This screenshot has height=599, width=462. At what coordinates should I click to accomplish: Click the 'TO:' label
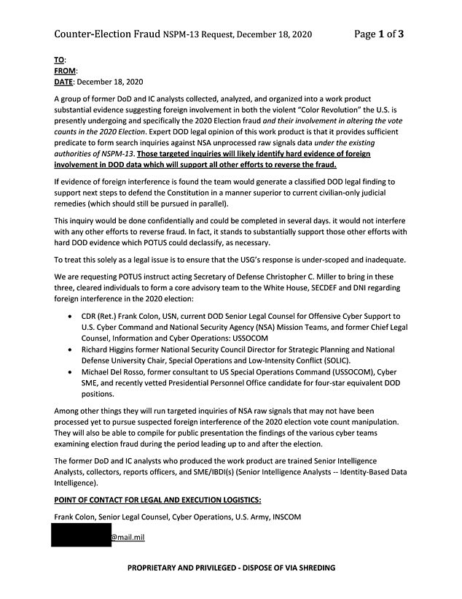[x=60, y=60]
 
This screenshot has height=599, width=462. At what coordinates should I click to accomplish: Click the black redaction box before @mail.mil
[x=80, y=537]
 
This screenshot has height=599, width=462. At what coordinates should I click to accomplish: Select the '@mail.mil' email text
[x=128, y=538]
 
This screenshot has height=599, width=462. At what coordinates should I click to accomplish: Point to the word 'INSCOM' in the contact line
[x=285, y=517]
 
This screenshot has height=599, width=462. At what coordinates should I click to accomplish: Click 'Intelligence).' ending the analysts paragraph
[x=77, y=482]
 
